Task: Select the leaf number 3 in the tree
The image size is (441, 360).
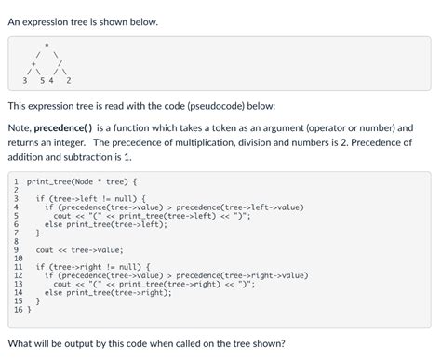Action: [x=25, y=81]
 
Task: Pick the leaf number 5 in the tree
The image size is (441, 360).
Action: [x=43, y=81]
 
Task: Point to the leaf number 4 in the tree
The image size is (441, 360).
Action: [x=52, y=81]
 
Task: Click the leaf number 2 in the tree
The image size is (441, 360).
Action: [x=70, y=81]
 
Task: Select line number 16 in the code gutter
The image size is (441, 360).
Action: [x=19, y=309]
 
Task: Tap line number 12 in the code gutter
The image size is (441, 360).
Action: [x=19, y=275]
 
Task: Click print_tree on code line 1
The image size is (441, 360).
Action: [x=53, y=180]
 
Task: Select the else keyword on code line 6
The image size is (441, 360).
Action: [x=53, y=224]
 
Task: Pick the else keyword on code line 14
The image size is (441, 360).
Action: [x=53, y=292]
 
